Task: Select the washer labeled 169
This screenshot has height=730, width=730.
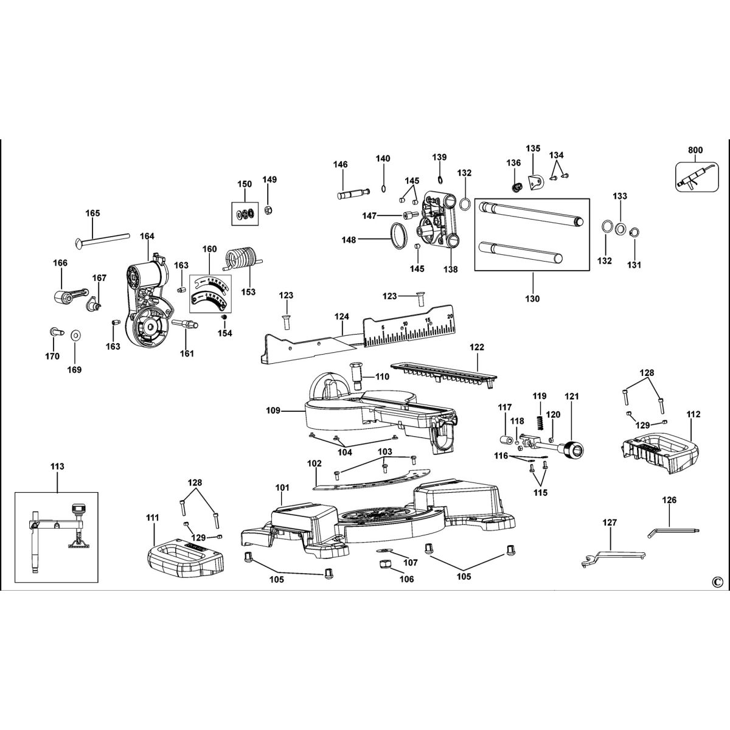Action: tap(76, 335)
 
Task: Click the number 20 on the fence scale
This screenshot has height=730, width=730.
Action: tap(450, 316)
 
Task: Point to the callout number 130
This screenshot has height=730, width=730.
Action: tap(533, 299)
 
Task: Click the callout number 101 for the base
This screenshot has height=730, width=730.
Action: tap(283, 488)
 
